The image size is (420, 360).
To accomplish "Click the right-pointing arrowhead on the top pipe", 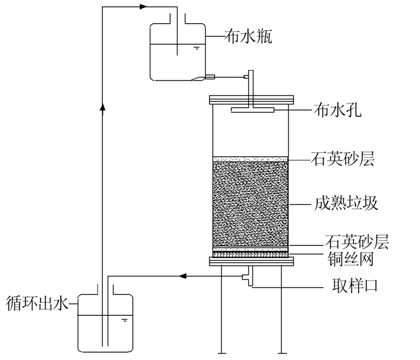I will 144,7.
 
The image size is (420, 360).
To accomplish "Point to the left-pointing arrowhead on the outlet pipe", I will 183,275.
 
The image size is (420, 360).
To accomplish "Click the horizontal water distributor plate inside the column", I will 251,110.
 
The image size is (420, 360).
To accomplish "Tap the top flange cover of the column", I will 250,99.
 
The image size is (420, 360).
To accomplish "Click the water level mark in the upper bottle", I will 196,49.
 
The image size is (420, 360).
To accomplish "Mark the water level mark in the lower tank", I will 124,318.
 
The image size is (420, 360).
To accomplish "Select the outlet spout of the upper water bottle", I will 210,77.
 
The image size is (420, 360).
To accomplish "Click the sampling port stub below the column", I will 247,276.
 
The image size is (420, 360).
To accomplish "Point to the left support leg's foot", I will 220,352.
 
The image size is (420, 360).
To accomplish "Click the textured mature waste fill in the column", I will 250,202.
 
